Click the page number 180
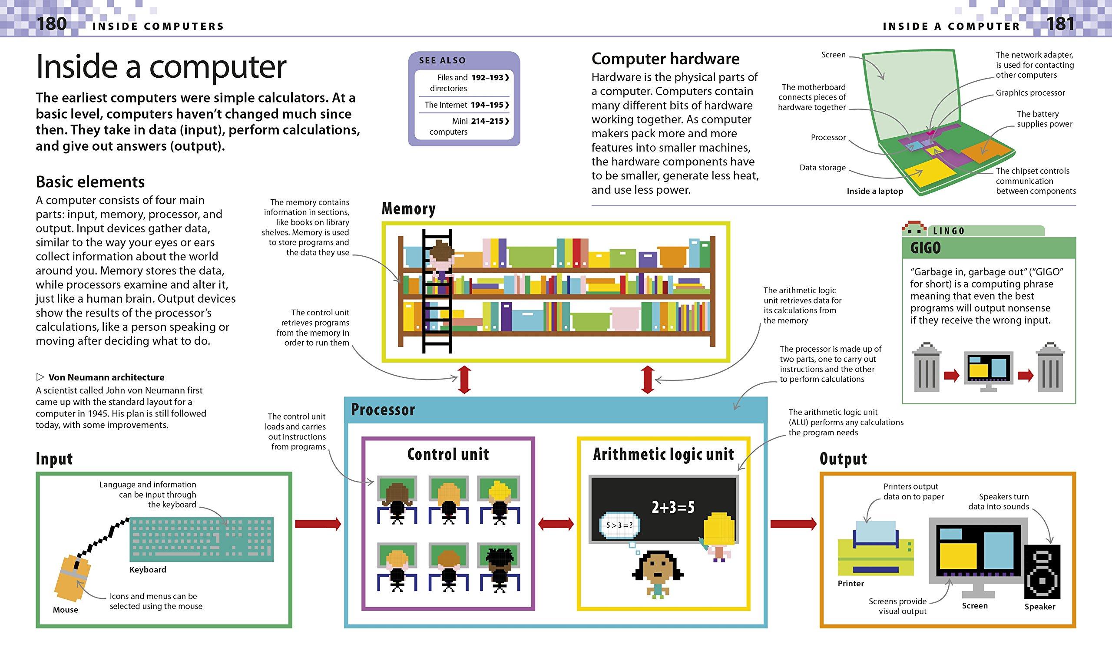pyautogui.click(x=51, y=23)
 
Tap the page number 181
pyautogui.click(x=1060, y=23)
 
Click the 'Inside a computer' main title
pyautogui.click(x=161, y=67)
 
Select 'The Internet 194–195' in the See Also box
pyautogui.click(x=466, y=105)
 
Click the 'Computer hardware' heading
pyautogui.click(x=665, y=59)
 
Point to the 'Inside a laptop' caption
pyautogui.click(x=874, y=191)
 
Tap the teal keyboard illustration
pyautogui.click(x=202, y=539)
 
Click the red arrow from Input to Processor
pyautogui.click(x=318, y=524)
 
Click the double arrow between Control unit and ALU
pyautogui.click(x=556, y=524)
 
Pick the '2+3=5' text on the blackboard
pyautogui.click(x=672, y=507)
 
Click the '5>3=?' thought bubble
pyautogui.click(x=619, y=525)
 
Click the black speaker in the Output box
pyautogui.click(x=1042, y=572)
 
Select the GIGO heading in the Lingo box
pyautogui.click(x=925, y=248)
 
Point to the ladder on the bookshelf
pyautogui.click(x=437, y=291)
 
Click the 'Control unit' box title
pyautogui.click(x=448, y=454)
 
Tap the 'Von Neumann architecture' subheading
pyautogui.click(x=106, y=377)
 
